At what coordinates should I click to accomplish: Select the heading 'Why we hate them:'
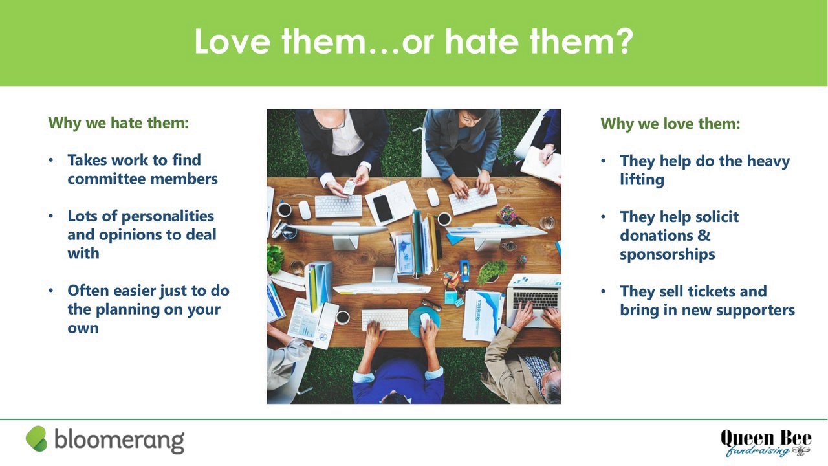[x=118, y=123]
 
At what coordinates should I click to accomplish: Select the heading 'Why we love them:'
[x=670, y=124]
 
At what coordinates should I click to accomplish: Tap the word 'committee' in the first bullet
[x=105, y=179]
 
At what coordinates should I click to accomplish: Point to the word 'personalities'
[x=168, y=216]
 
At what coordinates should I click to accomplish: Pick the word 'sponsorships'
[x=667, y=255]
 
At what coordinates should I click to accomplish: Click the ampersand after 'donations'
[x=704, y=236]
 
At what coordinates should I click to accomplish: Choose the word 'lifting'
[x=642, y=180]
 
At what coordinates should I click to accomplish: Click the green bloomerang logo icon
[x=37, y=439]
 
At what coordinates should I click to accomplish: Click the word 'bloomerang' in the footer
[x=120, y=441]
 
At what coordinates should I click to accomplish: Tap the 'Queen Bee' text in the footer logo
[x=766, y=439]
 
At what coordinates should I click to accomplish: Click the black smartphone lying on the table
[x=382, y=208]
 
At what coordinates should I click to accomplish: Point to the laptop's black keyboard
[x=536, y=300]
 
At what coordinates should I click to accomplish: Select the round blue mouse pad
[x=424, y=322]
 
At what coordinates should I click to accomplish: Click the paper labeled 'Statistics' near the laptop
[x=482, y=315]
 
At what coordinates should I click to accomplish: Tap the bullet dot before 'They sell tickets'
[x=604, y=291]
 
